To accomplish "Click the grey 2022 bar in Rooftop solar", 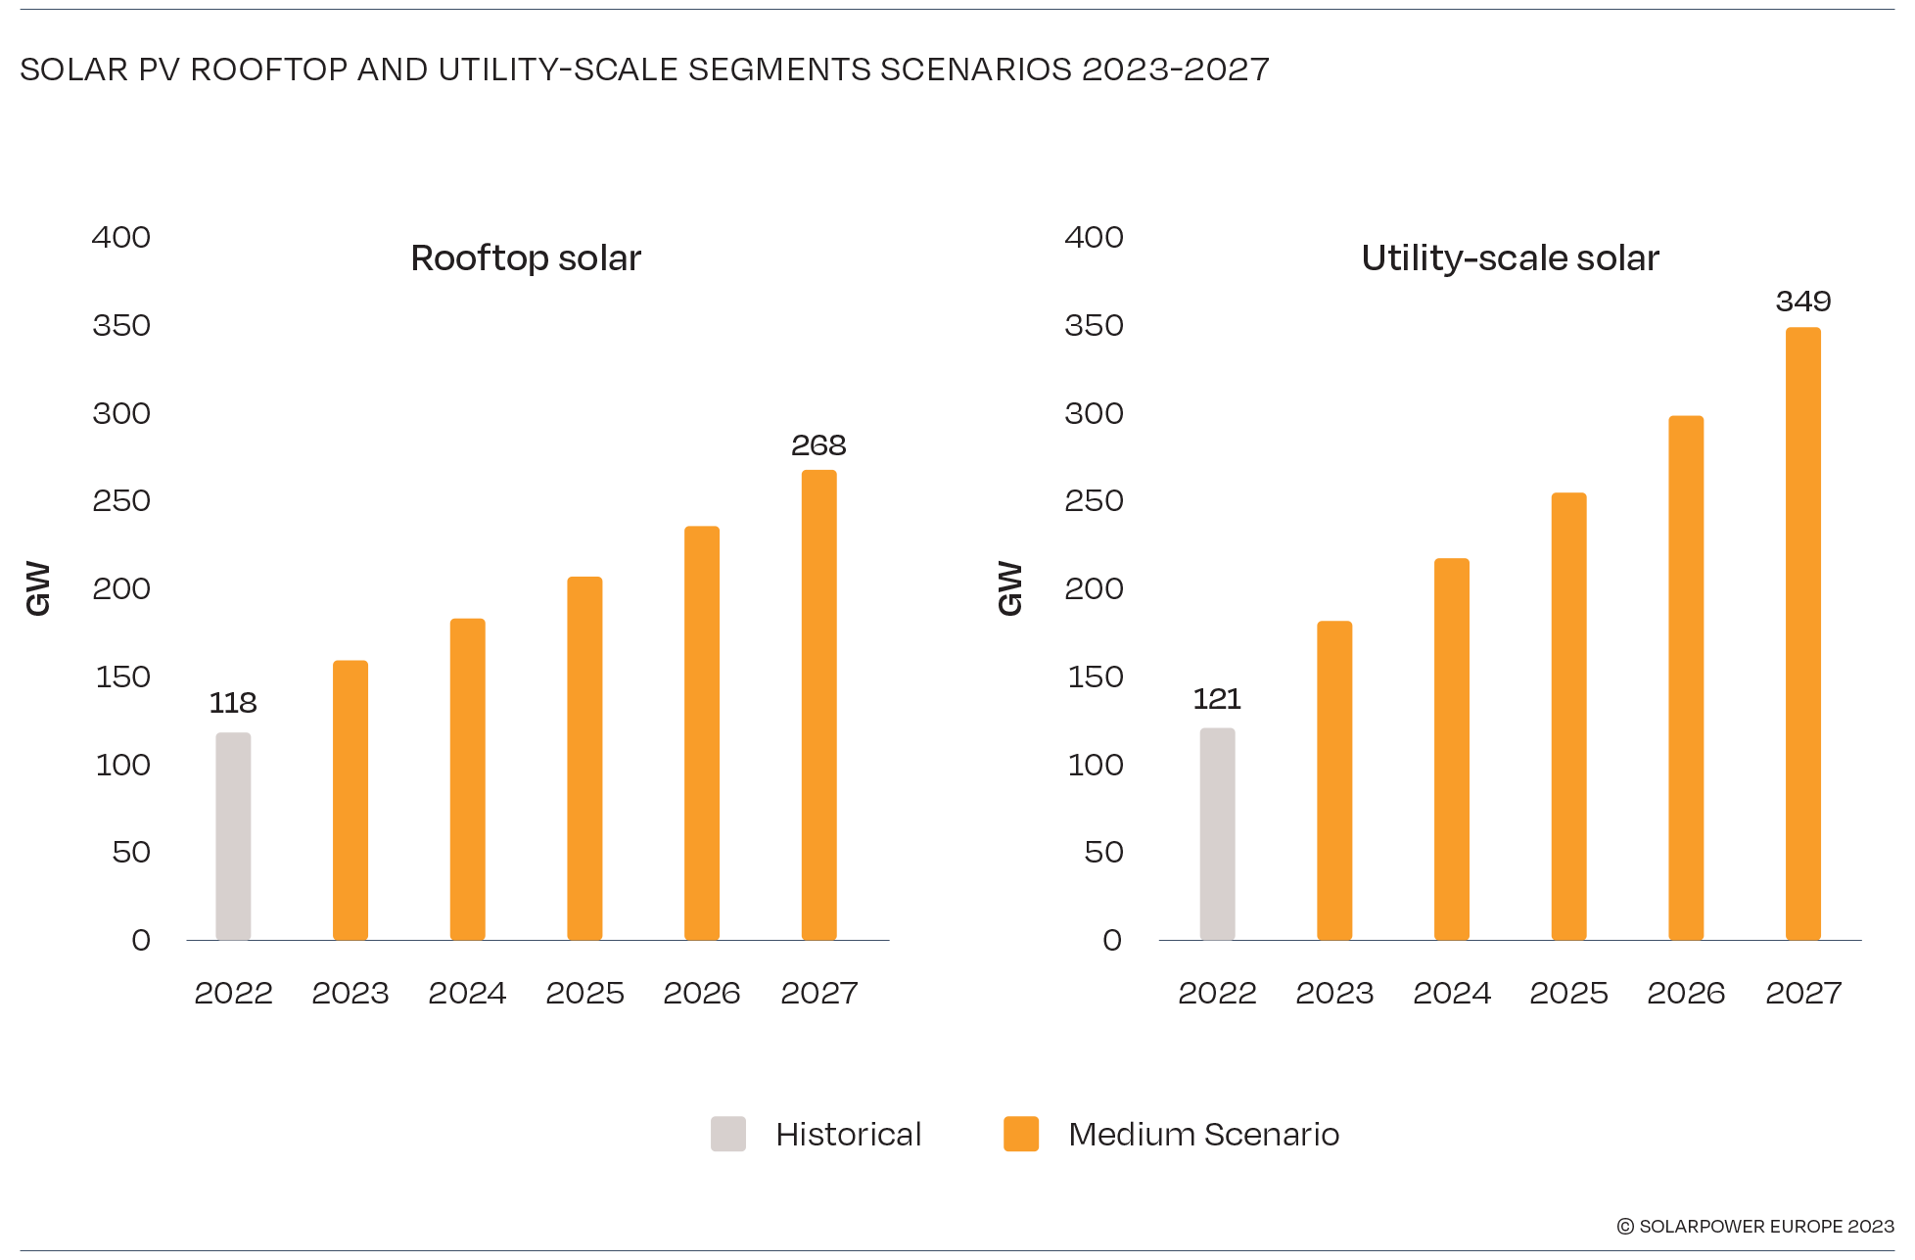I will click(233, 836).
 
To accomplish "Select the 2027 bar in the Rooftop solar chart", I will click(818, 705).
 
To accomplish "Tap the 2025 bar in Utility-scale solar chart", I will click(1568, 717).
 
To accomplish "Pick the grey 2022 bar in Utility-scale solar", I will click(1217, 834).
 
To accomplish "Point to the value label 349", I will click(1802, 302).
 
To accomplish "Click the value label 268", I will click(818, 445).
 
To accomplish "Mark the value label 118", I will click(233, 703).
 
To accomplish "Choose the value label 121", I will click(1217, 699).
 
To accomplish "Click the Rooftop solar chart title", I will click(526, 258).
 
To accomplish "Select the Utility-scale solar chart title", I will click(1510, 258).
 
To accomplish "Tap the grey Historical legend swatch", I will click(728, 1134).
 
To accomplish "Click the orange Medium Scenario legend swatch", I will click(1021, 1134).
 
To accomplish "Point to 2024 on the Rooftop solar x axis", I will click(467, 993).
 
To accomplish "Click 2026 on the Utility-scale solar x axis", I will click(1686, 993).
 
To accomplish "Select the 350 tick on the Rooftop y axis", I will click(121, 325).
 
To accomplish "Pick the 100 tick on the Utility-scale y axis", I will click(1095, 765).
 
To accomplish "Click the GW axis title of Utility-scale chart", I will click(1009, 588).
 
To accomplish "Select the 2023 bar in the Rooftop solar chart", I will click(350, 801).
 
